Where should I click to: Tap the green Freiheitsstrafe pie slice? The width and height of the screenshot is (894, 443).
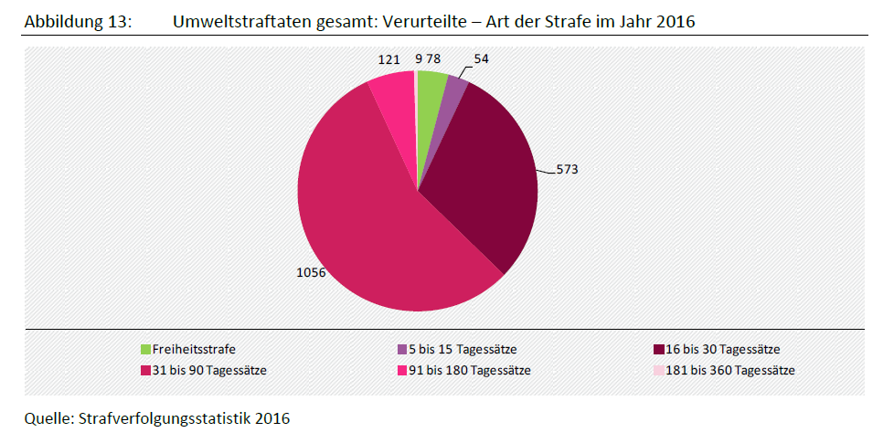[430, 91]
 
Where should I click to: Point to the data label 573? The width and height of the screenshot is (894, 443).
[567, 169]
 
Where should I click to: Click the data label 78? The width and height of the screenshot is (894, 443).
[433, 59]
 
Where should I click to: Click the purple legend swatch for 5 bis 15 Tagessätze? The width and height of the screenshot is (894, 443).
[401, 349]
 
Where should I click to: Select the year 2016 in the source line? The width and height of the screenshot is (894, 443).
[271, 419]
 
